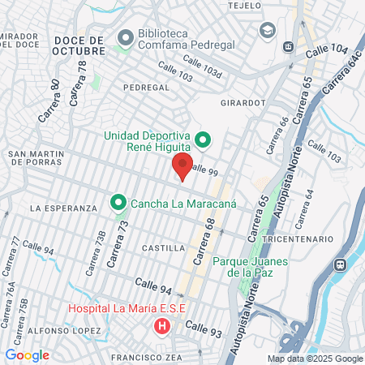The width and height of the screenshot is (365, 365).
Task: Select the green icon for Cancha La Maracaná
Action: tap(118, 202)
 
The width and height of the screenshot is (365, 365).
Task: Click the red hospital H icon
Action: tap(162, 328)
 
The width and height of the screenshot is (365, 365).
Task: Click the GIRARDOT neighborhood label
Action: tap(243, 104)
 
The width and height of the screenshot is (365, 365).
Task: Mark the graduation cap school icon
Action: tap(267, 30)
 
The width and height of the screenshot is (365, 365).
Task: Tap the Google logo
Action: tap(27, 354)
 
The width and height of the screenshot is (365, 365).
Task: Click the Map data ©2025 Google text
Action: tap(316, 359)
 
